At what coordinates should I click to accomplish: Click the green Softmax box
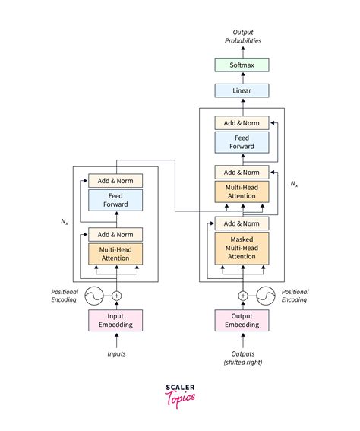point(242,65)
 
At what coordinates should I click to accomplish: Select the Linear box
point(242,90)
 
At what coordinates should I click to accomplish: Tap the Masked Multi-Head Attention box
point(242,249)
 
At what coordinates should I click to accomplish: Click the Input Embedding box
point(115,320)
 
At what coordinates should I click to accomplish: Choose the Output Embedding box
point(242,320)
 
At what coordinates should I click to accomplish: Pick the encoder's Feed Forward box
point(115,200)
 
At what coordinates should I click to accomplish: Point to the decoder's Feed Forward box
point(242,142)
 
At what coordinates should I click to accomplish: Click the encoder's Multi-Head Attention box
point(115,254)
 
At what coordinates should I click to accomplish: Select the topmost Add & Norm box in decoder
point(242,123)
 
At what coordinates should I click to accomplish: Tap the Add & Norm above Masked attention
point(242,223)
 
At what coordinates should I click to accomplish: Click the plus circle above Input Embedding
point(117,296)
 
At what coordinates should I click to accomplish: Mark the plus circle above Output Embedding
point(243,296)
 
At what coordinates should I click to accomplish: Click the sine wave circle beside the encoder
point(94,296)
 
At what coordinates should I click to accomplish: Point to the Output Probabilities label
point(243,36)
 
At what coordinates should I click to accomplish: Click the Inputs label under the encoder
point(116,353)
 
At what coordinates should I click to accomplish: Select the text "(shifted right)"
point(243,363)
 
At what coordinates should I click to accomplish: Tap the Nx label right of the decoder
point(294,184)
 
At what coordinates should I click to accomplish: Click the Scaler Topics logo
point(180,396)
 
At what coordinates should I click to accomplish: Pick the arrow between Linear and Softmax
point(243,78)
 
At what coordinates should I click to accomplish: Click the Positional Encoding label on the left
point(65,296)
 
